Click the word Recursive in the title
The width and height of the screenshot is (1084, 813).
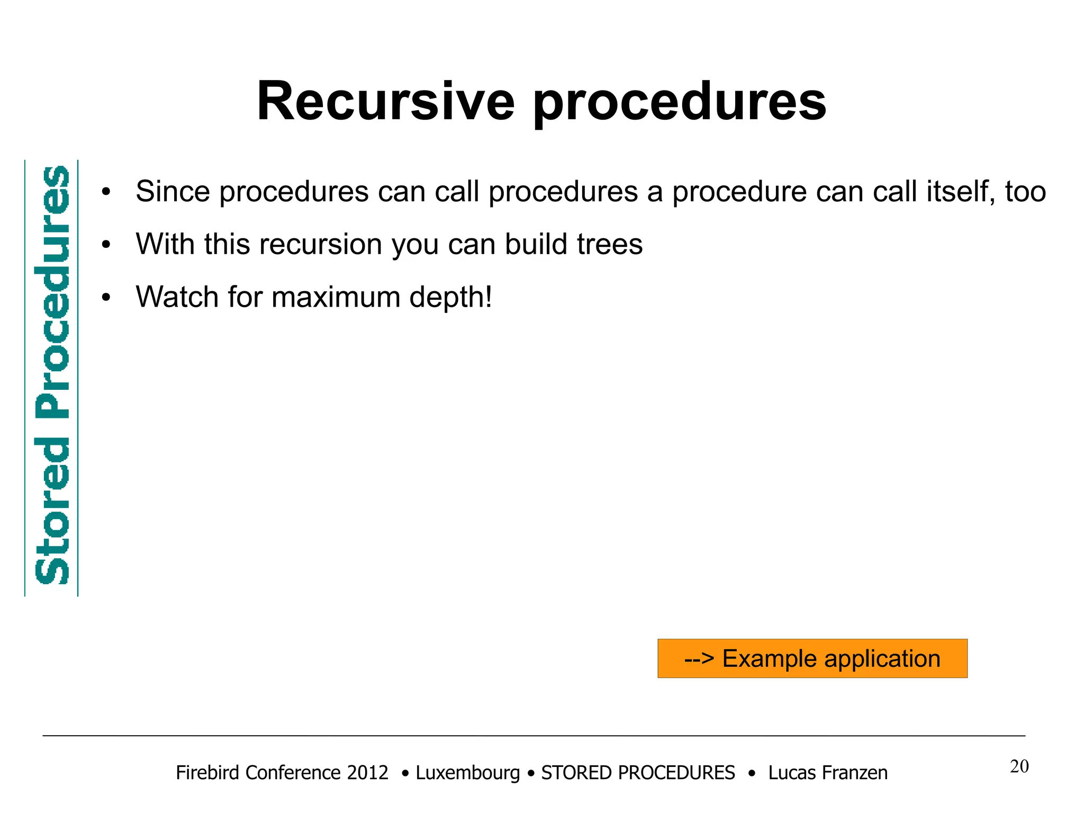385,102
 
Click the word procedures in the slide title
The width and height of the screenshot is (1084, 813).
680,103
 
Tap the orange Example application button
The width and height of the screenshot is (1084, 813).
812,658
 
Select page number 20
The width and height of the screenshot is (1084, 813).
1019,766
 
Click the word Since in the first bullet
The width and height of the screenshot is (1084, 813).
173,191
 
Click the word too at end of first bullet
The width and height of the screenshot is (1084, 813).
1025,192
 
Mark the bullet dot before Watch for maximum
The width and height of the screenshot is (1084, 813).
106,298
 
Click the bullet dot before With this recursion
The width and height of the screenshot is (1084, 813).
106,245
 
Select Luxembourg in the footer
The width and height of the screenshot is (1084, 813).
467,773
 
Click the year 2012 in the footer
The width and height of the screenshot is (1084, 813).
367,773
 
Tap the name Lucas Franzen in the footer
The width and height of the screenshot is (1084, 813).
828,773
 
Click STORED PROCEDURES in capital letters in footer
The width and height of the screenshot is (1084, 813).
638,773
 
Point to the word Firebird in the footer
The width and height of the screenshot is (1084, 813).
209,773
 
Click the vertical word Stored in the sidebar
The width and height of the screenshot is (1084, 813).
52,511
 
